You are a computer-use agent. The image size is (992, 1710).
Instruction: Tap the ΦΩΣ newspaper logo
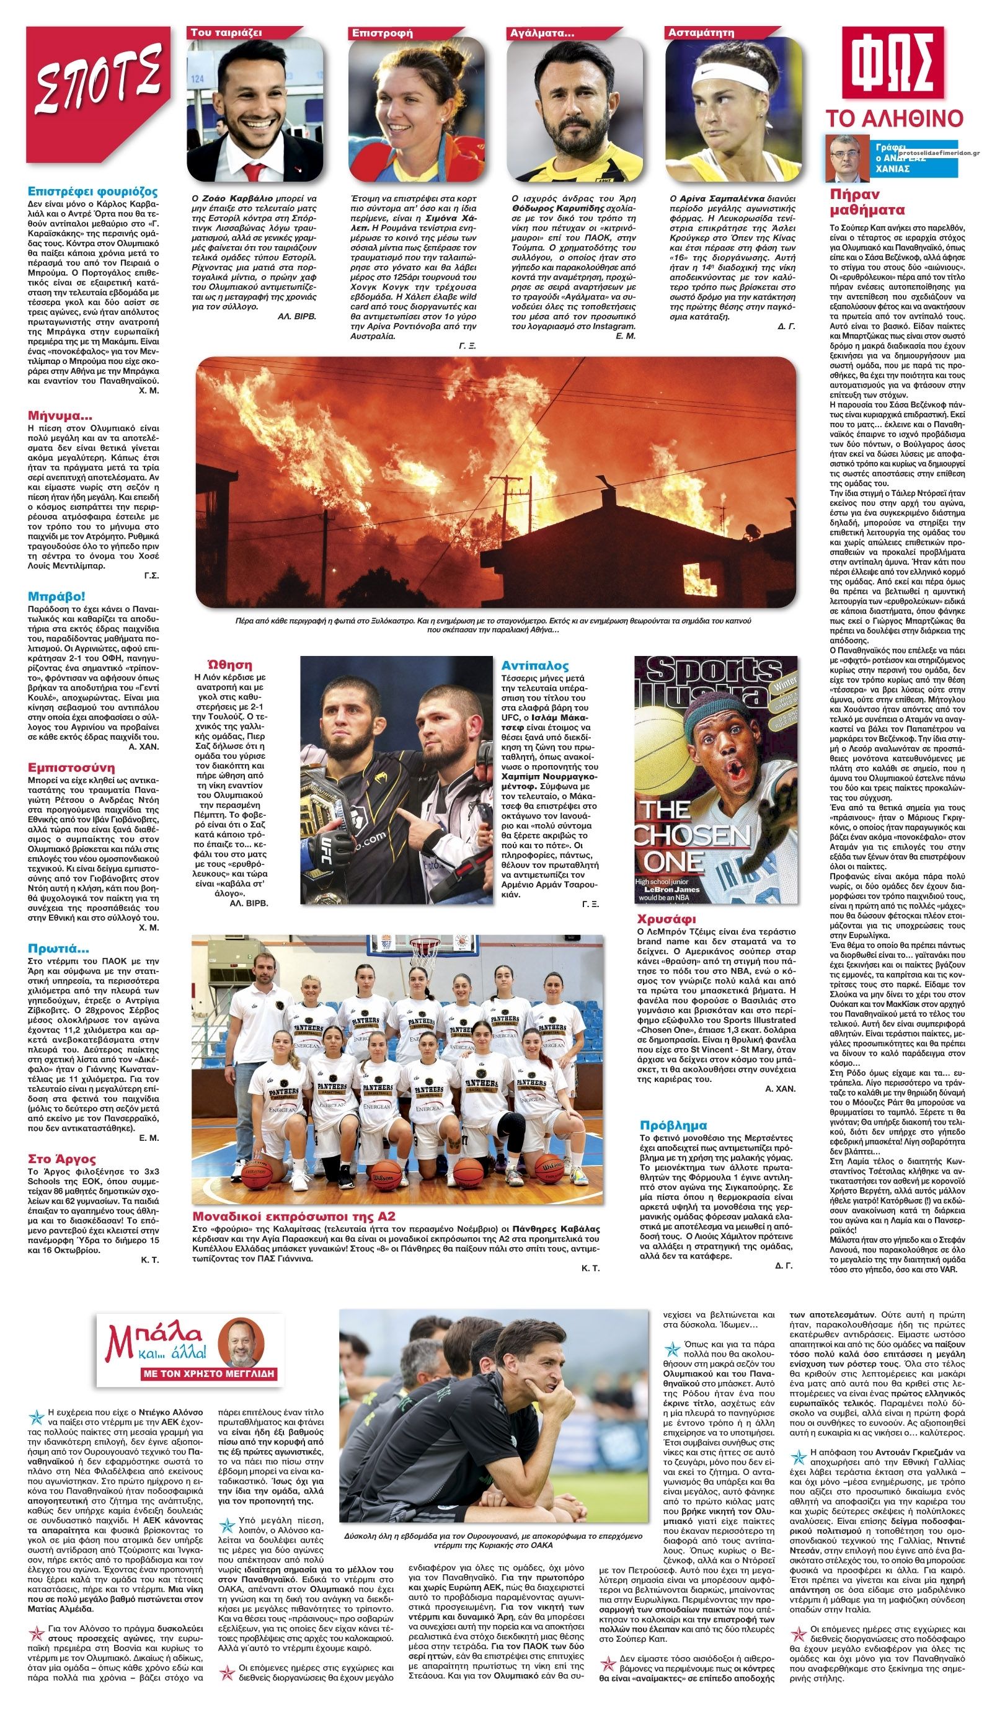[892, 63]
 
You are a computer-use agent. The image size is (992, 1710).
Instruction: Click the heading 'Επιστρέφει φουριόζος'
[92, 192]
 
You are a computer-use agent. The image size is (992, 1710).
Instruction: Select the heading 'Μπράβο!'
[57, 596]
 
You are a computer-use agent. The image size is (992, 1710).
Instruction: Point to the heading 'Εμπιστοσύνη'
[71, 768]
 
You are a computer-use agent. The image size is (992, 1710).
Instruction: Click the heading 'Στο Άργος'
[62, 1158]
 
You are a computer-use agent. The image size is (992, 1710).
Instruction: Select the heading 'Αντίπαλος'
[534, 666]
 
